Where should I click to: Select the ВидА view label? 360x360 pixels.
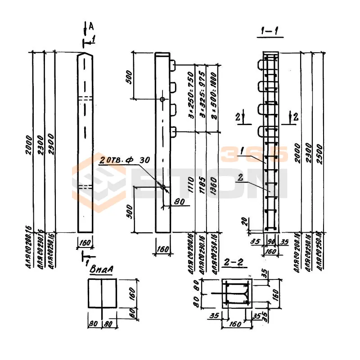tap(101, 269)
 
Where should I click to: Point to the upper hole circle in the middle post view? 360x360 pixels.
tap(162, 99)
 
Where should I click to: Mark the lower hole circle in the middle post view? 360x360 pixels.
tap(162, 187)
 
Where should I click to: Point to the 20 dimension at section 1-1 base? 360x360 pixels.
tap(244, 221)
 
